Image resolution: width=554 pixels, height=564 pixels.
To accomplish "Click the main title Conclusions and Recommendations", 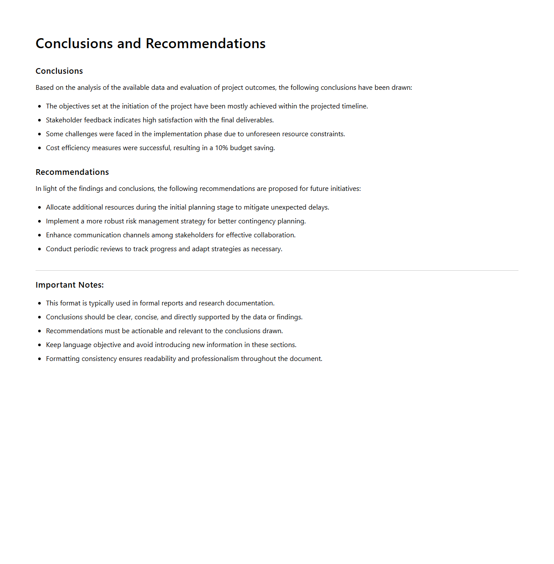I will (x=150, y=43).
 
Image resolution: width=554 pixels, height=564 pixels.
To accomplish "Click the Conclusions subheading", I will (x=59, y=71).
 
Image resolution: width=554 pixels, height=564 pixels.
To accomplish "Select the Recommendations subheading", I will (x=72, y=172).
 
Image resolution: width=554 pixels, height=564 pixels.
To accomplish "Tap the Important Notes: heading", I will (x=69, y=285).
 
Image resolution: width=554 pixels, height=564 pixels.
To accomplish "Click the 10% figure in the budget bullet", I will (x=222, y=148).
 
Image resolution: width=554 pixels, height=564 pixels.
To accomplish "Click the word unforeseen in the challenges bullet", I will (x=263, y=134).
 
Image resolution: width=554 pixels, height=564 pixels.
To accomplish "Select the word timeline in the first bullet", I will (x=354, y=106).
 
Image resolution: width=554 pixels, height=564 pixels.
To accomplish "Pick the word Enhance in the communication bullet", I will (x=59, y=235).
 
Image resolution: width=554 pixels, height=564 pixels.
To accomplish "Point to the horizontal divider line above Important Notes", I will (x=277, y=270).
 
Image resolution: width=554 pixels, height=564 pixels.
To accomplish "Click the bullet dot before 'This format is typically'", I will (x=39, y=303).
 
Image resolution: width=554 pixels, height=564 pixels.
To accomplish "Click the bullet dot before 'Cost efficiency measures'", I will (x=39, y=148).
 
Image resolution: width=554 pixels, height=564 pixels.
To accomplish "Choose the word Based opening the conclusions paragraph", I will (x=45, y=88).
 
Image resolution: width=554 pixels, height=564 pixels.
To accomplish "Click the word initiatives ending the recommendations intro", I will (x=345, y=189).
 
